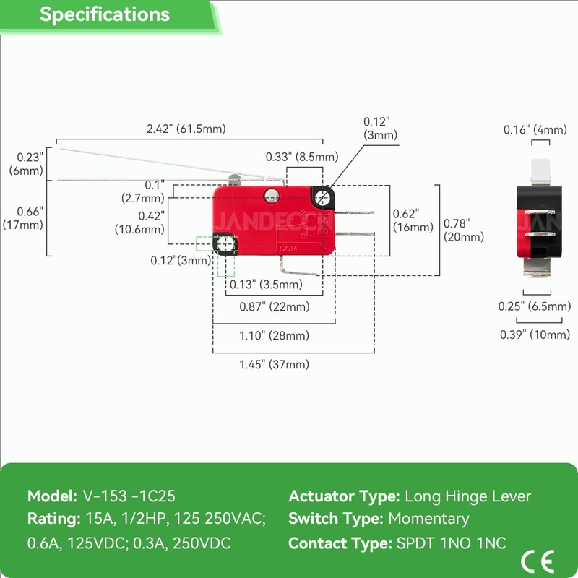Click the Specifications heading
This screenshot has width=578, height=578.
105,14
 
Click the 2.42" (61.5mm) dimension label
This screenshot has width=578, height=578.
186,129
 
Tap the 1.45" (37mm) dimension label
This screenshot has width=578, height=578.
274,364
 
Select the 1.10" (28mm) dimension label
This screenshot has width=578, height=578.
274,335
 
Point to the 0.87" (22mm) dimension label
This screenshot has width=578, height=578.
275,306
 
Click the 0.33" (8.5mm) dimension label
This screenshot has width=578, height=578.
302,157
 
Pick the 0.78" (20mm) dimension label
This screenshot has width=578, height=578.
464,230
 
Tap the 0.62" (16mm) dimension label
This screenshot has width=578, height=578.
413,220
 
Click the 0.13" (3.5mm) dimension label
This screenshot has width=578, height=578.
267,284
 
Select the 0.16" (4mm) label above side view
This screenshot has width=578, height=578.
535,130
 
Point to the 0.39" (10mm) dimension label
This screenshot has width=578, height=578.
535,334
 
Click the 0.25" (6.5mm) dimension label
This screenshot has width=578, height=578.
535,306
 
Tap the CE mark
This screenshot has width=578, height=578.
538,560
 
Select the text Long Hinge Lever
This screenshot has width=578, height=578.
467,496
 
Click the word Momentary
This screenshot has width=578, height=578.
428,519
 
